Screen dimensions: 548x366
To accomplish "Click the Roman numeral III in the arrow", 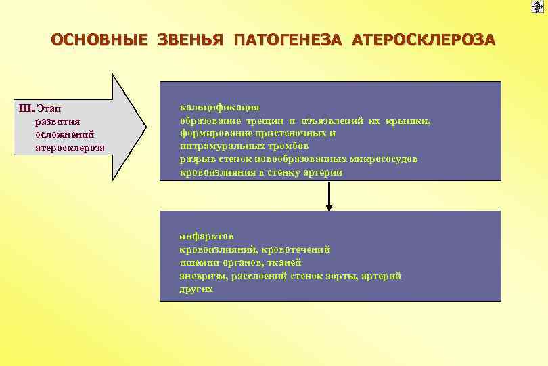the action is [x=27, y=108].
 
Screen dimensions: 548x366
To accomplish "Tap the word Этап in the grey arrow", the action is [x=49, y=108].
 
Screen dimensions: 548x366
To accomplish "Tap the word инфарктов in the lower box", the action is [x=206, y=237].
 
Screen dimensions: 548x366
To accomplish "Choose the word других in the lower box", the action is [x=196, y=289].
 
